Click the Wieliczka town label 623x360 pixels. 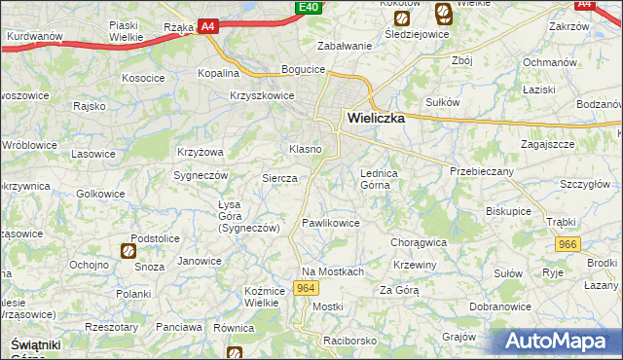click(380, 120)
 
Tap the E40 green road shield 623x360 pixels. click(309, 7)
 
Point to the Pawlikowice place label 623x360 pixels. click(331, 223)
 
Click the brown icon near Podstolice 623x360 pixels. click(128, 251)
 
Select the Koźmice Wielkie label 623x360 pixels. click(264, 296)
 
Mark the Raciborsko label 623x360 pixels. click(350, 342)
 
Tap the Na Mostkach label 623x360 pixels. click(332, 271)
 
